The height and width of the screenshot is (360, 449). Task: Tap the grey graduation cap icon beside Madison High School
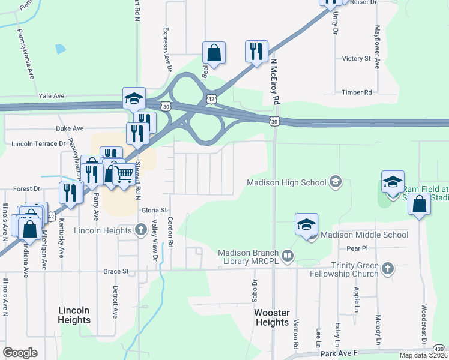pyautogui.click(x=335, y=182)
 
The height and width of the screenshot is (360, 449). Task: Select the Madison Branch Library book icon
pyautogui.click(x=288, y=257)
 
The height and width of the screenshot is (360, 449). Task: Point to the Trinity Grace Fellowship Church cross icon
pyautogui.click(x=388, y=268)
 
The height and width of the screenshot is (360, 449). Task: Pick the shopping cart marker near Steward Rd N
pyautogui.click(x=124, y=175)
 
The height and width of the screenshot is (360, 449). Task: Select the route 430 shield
pyautogui.click(x=439, y=349)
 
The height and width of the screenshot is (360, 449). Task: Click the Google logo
pyautogui.click(x=20, y=353)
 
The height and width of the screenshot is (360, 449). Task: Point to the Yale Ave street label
pyautogui.click(x=51, y=96)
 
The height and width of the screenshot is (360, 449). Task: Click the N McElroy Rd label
pyautogui.click(x=276, y=82)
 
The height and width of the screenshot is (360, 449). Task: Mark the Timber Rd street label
pyautogui.click(x=357, y=92)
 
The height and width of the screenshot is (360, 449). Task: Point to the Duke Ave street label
pyautogui.click(x=70, y=128)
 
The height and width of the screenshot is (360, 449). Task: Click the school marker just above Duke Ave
pyautogui.click(x=134, y=98)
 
